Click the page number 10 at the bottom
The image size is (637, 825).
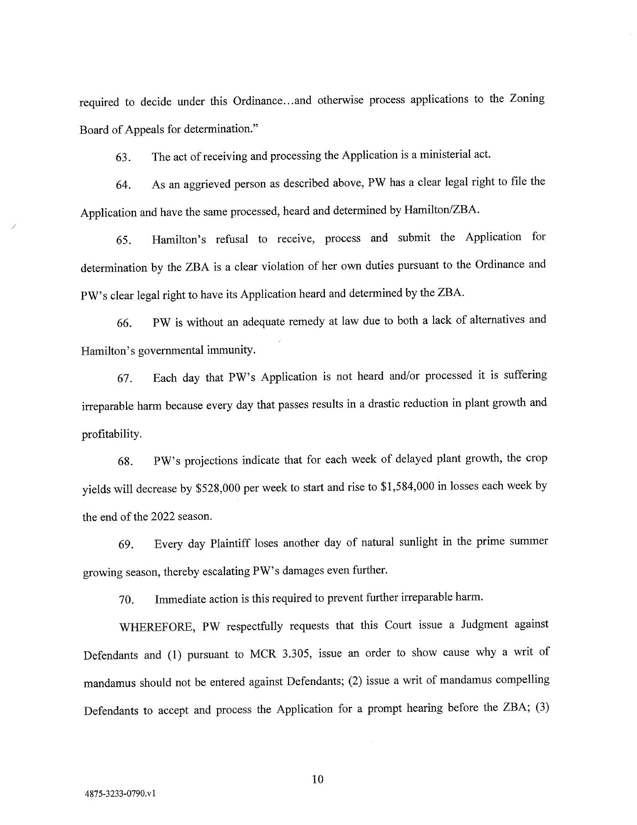(318, 780)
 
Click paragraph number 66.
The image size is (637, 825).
(124, 323)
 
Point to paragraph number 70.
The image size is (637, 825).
(126, 600)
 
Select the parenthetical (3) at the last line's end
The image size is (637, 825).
(541, 708)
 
